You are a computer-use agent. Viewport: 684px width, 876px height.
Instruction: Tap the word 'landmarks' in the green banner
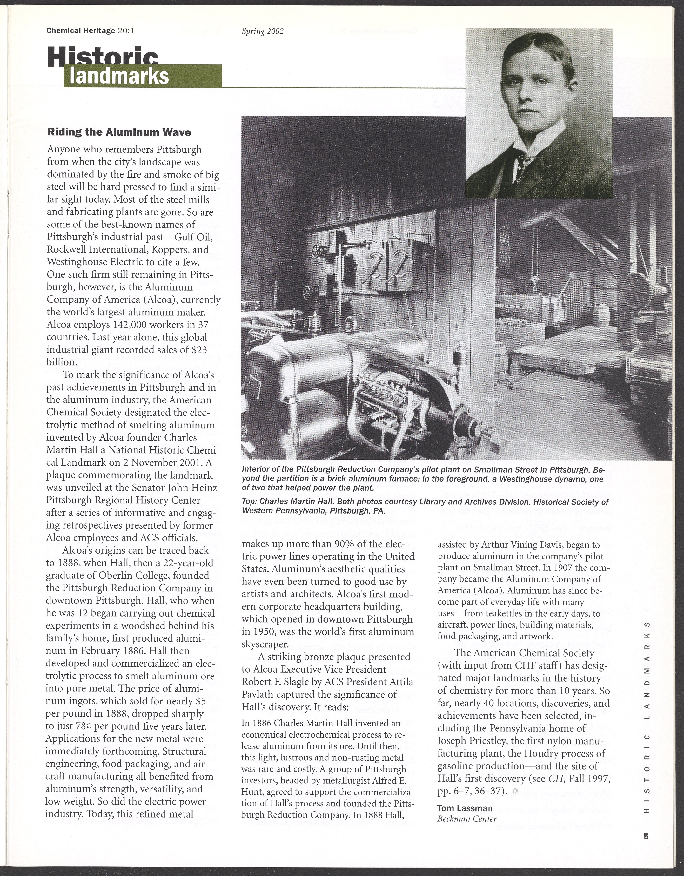(119, 76)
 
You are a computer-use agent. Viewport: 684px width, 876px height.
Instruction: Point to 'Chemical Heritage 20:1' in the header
(90, 31)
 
